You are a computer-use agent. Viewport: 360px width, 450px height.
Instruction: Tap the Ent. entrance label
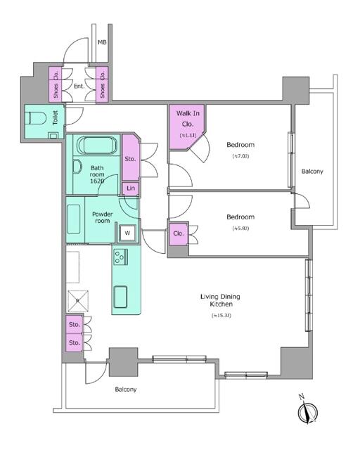point(79,87)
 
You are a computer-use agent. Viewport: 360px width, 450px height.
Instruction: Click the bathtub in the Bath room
point(98,146)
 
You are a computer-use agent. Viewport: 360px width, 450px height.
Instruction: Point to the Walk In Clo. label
point(186,117)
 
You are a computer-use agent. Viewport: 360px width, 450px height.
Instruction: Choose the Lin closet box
point(130,188)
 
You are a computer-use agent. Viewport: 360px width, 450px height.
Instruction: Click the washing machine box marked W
point(127,233)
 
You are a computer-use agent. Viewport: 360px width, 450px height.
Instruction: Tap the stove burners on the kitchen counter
point(120,258)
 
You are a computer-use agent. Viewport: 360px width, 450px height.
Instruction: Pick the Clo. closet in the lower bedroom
point(179,233)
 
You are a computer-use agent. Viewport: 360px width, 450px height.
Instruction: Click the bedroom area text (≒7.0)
point(240,156)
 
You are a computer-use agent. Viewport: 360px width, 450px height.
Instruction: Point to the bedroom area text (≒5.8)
point(240,229)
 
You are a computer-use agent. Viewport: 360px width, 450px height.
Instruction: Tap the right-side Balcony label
point(312,171)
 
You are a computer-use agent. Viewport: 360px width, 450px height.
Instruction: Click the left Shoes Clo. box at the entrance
point(55,84)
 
